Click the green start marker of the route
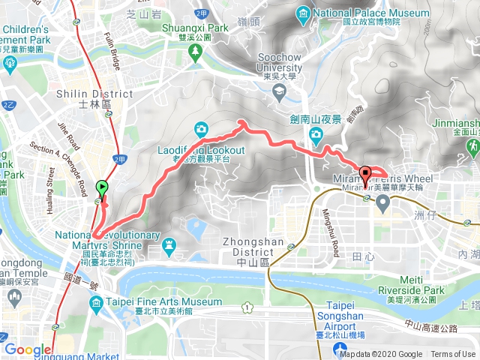click(x=101, y=188)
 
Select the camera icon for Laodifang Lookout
click(x=200, y=129)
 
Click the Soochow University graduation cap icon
click(x=280, y=91)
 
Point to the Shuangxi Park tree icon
click(x=196, y=51)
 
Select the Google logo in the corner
click(x=27, y=349)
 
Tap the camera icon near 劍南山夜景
click(x=316, y=133)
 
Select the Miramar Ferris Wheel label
click(x=382, y=178)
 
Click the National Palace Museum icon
click(x=302, y=14)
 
